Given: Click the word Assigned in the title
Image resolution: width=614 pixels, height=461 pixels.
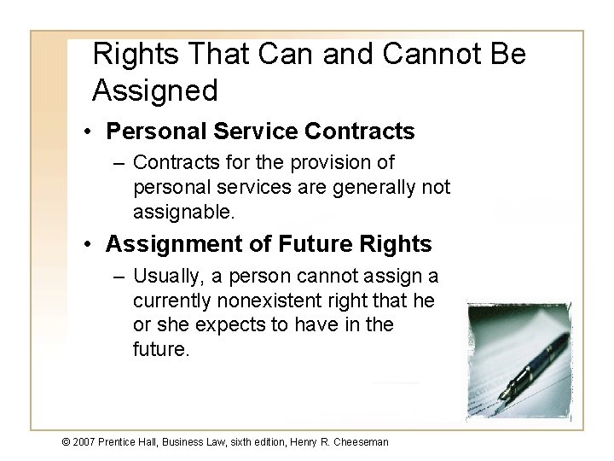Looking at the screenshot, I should coord(154,88).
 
